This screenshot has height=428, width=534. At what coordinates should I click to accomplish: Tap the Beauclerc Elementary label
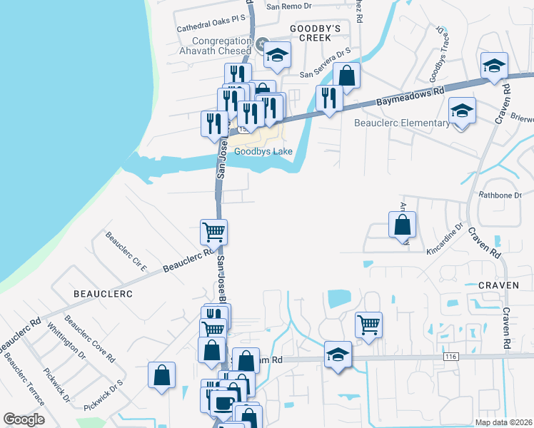pos(403,123)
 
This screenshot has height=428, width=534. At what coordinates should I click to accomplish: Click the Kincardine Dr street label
pos(442,233)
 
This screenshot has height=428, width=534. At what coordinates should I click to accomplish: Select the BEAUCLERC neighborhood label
pos(104,293)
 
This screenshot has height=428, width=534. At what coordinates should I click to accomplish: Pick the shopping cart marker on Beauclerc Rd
pos(213,232)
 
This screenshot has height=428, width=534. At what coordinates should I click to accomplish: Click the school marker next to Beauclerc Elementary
pos(462,111)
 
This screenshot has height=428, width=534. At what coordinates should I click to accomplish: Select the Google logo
pos(24,419)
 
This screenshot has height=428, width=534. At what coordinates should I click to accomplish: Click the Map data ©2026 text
pos(503,422)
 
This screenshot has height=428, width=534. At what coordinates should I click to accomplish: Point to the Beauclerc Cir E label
pos(126,252)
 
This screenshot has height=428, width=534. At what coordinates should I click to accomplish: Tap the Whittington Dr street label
pos(66,343)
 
